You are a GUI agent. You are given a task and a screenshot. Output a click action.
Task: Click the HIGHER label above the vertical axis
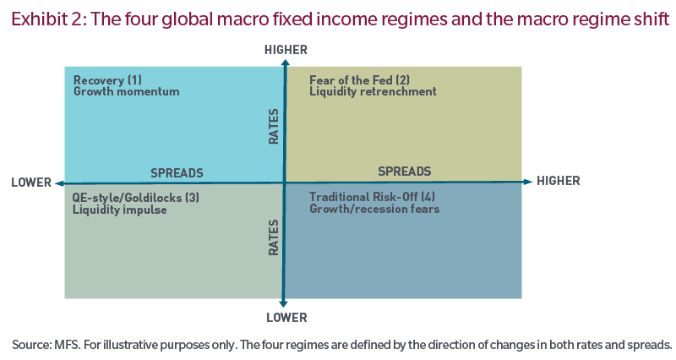tap(286, 51)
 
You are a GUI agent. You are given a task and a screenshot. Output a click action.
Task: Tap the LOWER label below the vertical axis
tap(285, 318)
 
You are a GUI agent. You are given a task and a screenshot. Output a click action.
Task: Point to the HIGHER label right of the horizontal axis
tap(558, 181)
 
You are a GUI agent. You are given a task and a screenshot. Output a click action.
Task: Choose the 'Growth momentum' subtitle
tap(126, 91)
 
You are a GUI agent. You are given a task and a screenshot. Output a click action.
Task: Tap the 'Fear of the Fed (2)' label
tap(359, 80)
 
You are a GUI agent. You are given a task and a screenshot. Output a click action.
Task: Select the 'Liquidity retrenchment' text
tap(373, 91)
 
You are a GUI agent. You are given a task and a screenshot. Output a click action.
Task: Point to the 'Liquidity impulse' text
tap(120, 210)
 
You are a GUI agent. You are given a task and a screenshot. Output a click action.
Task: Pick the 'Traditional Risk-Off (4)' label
tap(373, 197)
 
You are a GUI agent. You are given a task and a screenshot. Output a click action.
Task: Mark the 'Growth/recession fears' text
tap(374, 209)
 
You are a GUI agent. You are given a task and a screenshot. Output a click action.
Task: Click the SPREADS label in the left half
tap(177, 172)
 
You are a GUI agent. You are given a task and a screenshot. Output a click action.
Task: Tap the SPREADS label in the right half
tap(404, 172)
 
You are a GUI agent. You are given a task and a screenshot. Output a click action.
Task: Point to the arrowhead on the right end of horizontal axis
tap(528, 181)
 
